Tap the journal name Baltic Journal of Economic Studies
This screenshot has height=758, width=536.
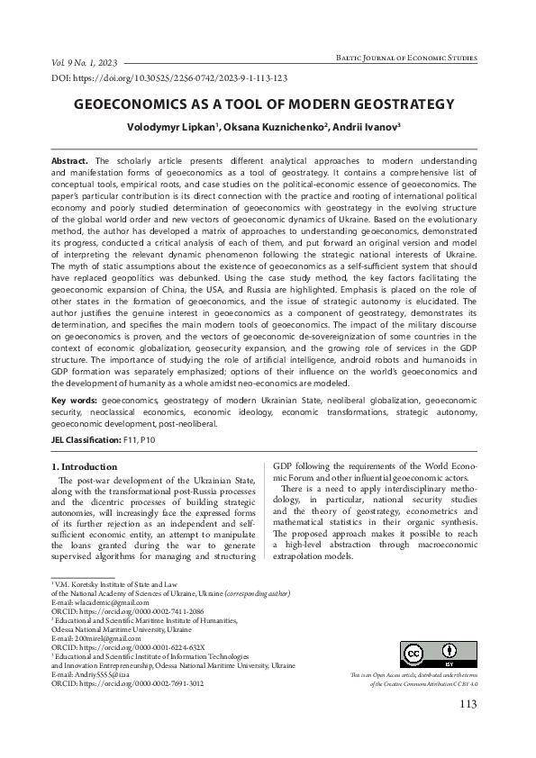[404, 57]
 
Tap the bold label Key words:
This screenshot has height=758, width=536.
[74, 397]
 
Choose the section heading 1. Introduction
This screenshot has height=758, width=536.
[87, 467]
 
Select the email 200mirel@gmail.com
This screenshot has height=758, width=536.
[95, 637]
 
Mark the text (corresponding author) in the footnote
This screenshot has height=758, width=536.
[257, 594]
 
